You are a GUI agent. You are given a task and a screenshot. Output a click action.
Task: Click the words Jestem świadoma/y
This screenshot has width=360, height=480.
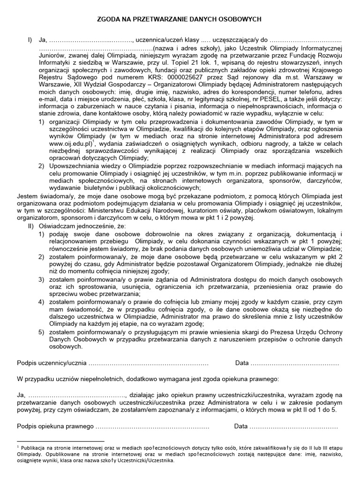(x=43, y=196)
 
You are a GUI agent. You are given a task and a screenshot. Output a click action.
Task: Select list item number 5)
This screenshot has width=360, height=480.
(x=42, y=332)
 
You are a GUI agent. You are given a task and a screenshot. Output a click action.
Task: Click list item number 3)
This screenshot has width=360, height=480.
(x=42, y=280)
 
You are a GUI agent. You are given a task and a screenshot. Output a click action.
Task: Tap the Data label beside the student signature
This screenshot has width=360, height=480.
(x=242, y=364)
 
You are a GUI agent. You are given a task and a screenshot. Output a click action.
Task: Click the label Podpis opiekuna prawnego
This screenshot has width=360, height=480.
(x=55, y=427)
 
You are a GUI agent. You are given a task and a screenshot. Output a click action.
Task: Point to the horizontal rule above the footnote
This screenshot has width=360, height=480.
(x=60, y=441)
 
